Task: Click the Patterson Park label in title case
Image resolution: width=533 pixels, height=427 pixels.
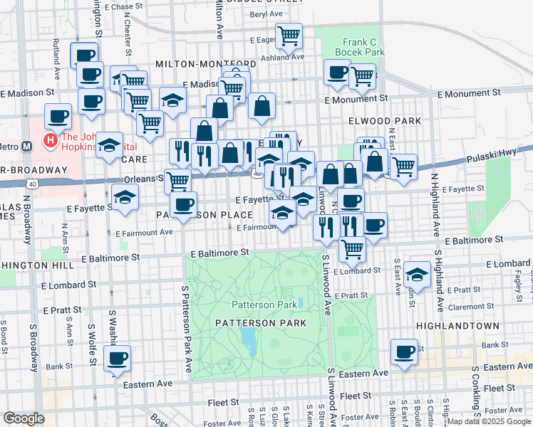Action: pos(264,305)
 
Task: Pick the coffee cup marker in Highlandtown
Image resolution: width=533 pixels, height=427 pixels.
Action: pos(405,351)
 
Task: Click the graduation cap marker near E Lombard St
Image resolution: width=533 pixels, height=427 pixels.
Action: pos(416,274)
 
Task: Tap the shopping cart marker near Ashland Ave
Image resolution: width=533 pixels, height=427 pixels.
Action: pos(289,35)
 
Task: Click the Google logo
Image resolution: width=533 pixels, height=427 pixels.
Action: pos(24,418)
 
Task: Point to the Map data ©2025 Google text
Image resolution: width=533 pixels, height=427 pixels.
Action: pos(488,421)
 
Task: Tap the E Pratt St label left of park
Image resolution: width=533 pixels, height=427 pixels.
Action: pos(63,310)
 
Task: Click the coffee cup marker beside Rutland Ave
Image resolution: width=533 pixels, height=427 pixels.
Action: pos(83,54)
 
